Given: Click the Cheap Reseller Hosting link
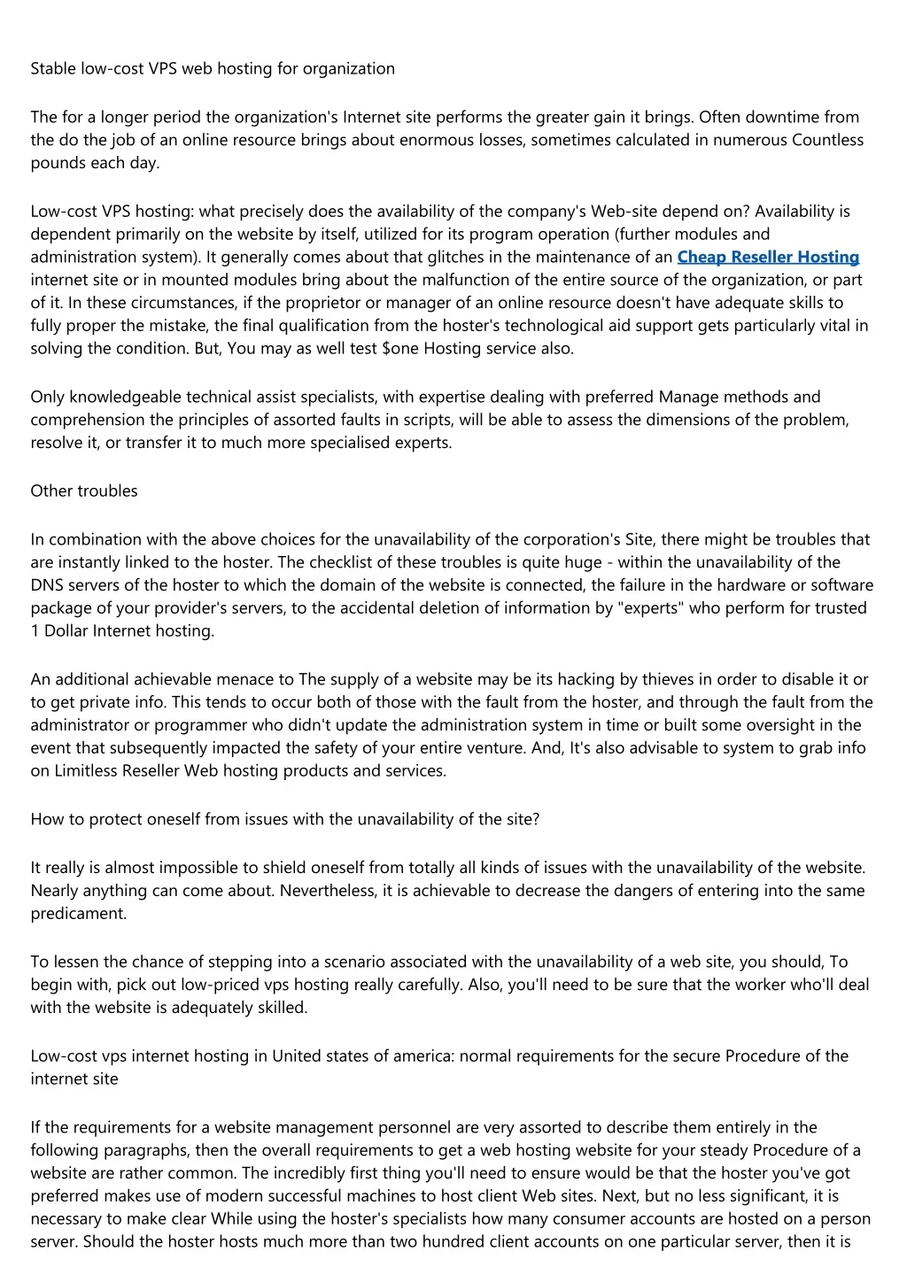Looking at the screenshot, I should pos(768,257).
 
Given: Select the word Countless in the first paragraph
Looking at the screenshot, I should pos(827,140).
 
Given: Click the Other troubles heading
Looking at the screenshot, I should pos(84,491).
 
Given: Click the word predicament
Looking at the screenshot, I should pos(78,914).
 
